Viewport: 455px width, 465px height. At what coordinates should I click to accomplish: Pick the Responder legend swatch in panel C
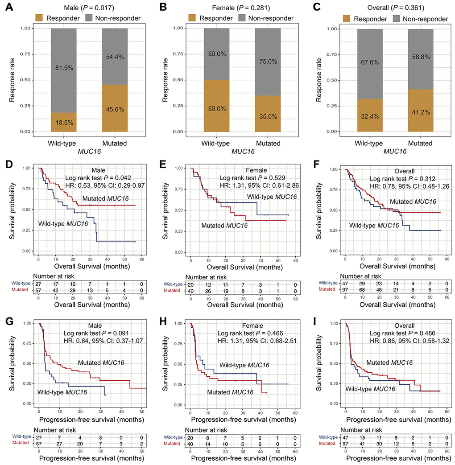point(348,18)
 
